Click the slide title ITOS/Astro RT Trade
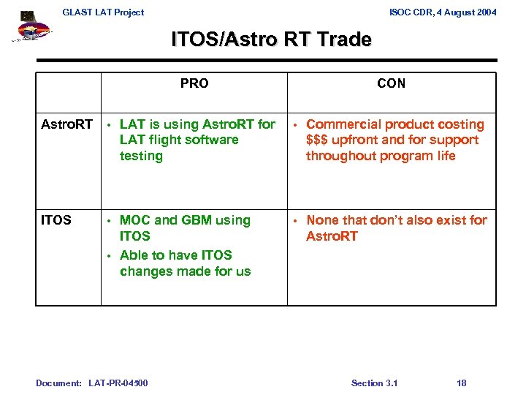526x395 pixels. point(271,39)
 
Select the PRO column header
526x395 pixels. point(194,83)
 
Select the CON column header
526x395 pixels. point(391,83)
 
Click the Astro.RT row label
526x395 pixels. point(66,124)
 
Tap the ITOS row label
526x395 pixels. point(56,219)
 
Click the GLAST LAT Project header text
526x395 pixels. point(103,12)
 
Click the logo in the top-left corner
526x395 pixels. point(31,30)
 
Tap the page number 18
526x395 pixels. point(461,383)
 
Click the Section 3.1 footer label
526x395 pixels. point(374,383)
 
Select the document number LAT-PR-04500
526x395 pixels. point(118,383)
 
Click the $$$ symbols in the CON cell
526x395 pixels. point(319,140)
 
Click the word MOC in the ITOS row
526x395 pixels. point(135,220)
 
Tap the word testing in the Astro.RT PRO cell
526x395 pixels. point(141,156)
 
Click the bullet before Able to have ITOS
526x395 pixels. point(109,256)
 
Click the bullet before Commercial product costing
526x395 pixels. point(295,125)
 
